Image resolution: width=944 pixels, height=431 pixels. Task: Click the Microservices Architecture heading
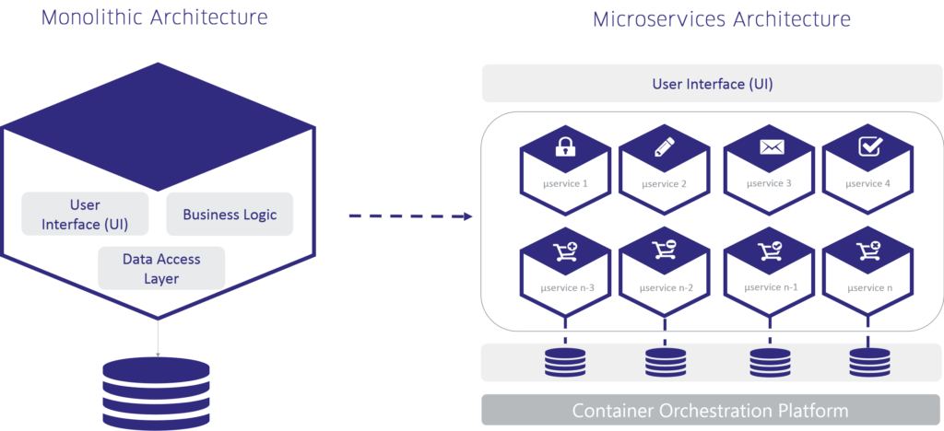(721, 19)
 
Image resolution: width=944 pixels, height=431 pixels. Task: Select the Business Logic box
(230, 215)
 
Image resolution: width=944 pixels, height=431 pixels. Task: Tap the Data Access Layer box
(161, 268)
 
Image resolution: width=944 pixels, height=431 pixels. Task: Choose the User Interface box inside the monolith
(85, 214)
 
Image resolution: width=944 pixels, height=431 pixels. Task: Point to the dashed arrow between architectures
(410, 217)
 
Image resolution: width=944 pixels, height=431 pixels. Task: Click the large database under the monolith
(156, 391)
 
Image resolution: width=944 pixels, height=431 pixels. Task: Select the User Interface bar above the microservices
(712, 84)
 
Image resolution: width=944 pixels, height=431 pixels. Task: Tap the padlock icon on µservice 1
(564, 146)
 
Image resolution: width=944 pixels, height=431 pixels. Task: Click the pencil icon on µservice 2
(664, 146)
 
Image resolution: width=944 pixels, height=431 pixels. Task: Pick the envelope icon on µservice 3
(769, 146)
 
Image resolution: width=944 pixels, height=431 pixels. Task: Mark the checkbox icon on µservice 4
(867, 146)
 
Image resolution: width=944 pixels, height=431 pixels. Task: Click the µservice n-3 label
(566, 288)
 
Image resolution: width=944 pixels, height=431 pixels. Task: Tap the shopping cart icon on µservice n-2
(664, 250)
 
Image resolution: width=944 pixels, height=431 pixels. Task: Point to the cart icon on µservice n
(867, 250)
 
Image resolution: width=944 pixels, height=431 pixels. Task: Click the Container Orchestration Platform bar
(712, 410)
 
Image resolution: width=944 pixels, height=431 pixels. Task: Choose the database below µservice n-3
(564, 362)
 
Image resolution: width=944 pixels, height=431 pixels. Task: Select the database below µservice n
(867, 362)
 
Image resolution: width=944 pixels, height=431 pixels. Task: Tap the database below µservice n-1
(769, 362)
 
